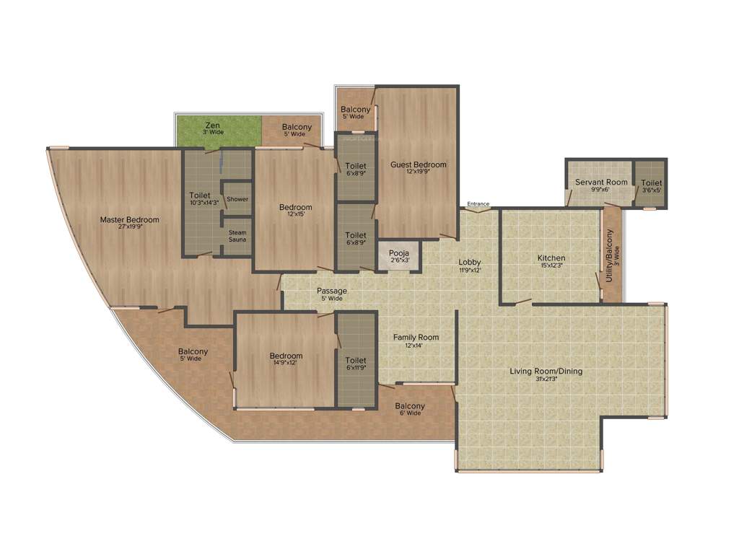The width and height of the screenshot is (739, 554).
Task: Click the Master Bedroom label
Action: [x=129, y=220]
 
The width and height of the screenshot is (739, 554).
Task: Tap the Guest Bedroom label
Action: [x=419, y=164]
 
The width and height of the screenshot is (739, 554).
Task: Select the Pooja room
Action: [x=399, y=257]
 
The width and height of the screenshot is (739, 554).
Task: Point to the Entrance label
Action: [x=478, y=204]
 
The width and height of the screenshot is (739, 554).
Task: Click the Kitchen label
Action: [x=551, y=258]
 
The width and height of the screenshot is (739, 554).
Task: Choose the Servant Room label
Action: [x=601, y=183]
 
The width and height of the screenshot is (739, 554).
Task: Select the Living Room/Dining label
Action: [x=546, y=371]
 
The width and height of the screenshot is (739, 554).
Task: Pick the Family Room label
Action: [x=416, y=337]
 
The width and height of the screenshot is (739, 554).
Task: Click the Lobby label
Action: [x=470, y=262]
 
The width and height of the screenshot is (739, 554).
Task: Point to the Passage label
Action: [x=332, y=291]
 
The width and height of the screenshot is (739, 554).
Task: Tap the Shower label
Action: [x=237, y=199]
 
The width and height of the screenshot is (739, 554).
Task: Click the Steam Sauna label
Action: [x=237, y=236]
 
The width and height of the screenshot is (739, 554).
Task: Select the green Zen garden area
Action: [x=217, y=130]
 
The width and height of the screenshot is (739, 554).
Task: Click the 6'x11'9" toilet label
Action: [x=356, y=364]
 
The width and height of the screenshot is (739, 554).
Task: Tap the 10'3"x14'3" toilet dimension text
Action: [x=204, y=203]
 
